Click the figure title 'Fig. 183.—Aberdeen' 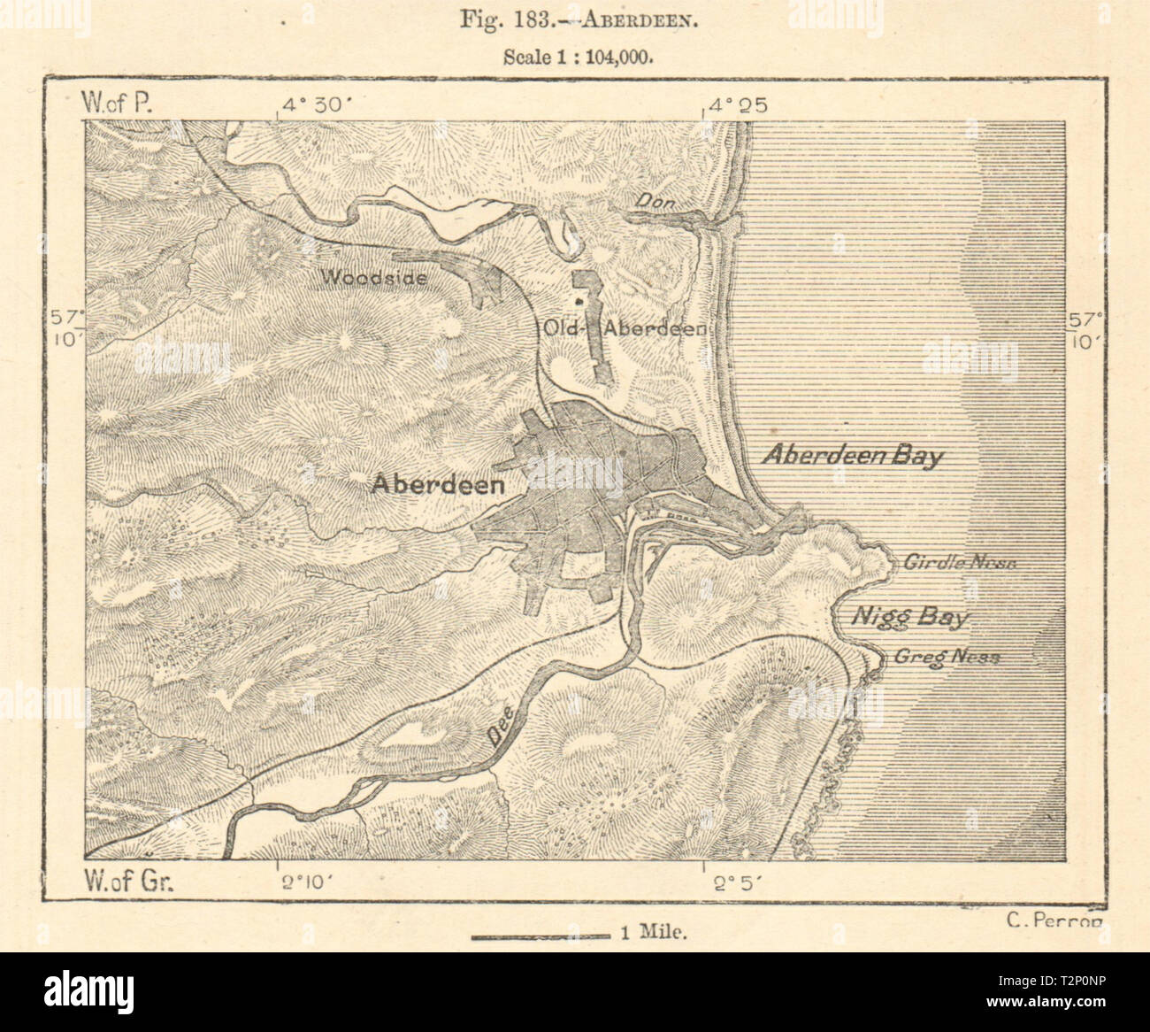tap(576, 19)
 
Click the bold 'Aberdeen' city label tap(439, 484)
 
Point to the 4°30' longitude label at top tap(317, 106)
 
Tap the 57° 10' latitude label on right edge tap(1085, 329)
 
